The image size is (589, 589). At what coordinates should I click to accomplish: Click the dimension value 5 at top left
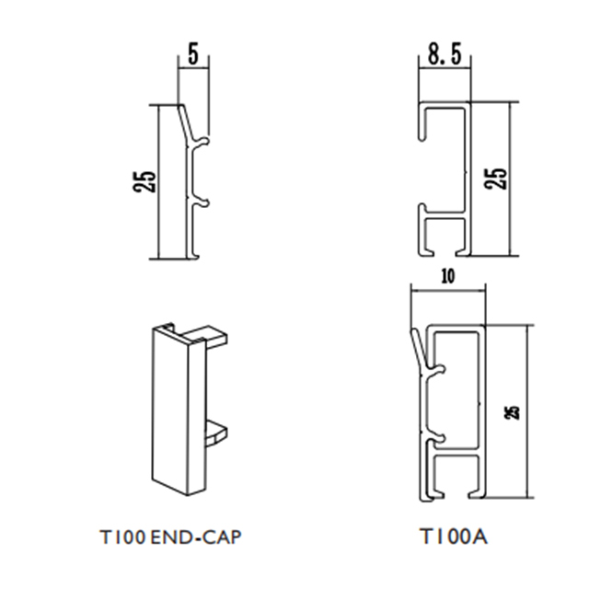click(x=192, y=53)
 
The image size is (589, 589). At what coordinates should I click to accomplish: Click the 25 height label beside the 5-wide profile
click(x=145, y=179)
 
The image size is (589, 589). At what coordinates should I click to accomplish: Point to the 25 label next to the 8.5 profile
click(x=495, y=178)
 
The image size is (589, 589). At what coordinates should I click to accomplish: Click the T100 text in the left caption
click(x=121, y=535)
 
